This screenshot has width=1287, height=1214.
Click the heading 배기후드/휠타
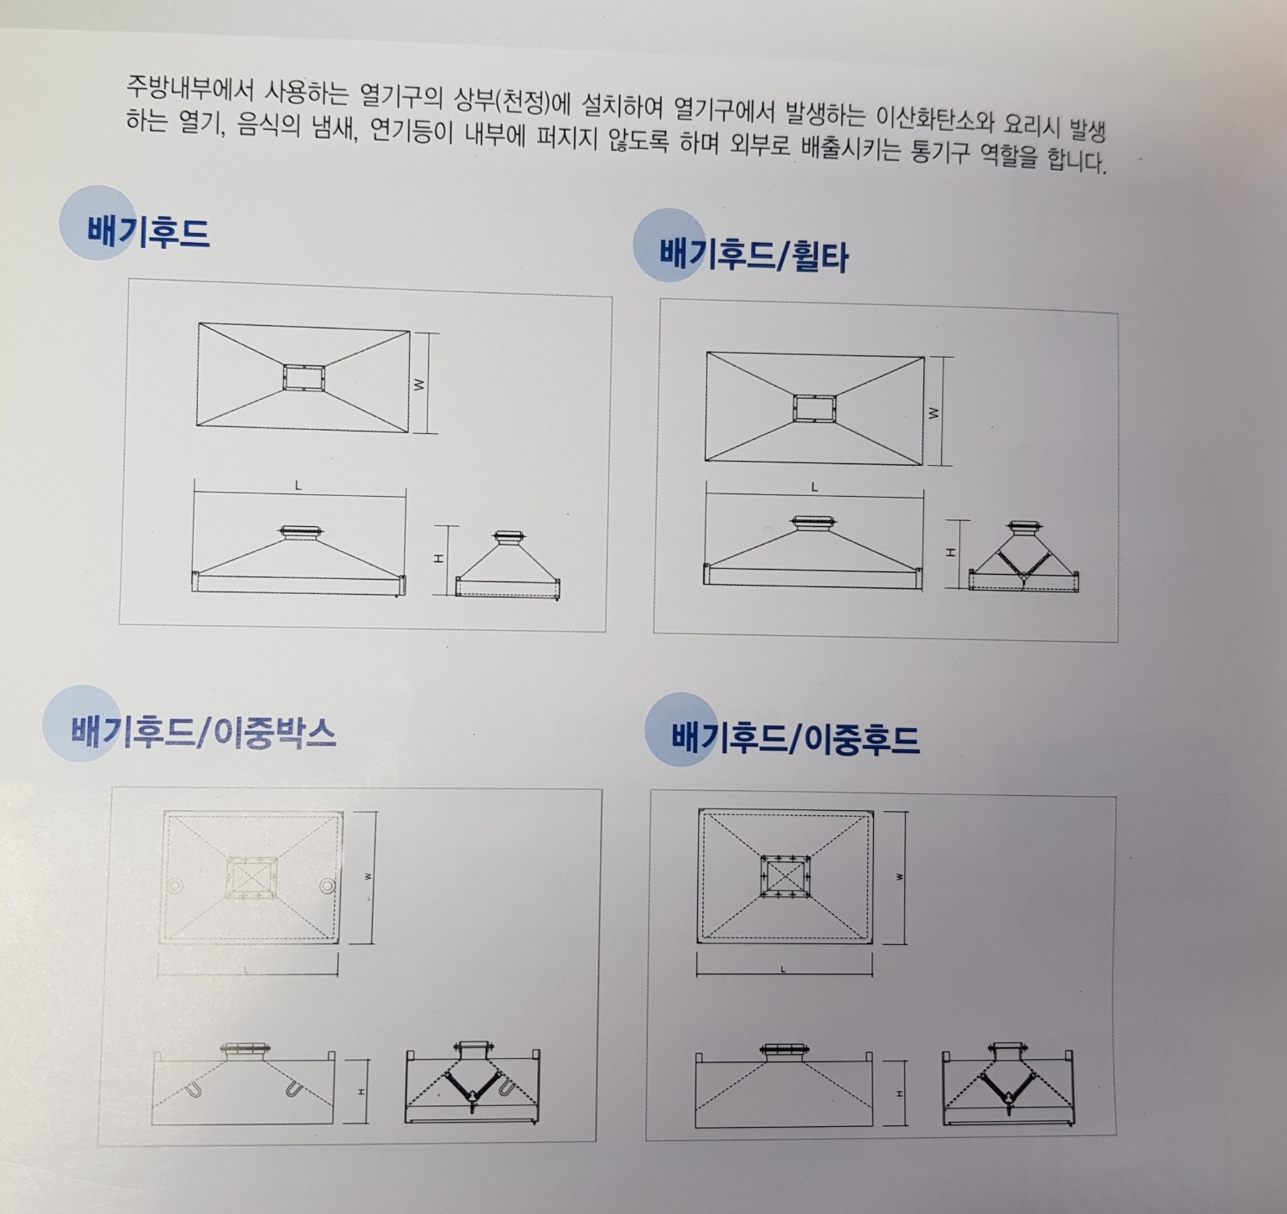tap(753, 254)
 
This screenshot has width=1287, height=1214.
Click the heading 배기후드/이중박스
tap(204, 731)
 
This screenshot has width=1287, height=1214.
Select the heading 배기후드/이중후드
tap(795, 738)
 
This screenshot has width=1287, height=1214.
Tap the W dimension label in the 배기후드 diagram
tap(419, 385)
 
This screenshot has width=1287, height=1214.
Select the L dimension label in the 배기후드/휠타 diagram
tap(814, 487)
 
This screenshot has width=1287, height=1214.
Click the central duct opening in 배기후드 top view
tap(303, 378)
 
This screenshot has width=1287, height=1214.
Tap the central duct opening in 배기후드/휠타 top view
tap(815, 408)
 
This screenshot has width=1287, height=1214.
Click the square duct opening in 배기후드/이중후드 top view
tap(784, 876)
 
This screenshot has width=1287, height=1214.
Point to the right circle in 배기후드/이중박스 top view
tap(328, 886)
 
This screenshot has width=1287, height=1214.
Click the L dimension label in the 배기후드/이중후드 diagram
tap(783, 969)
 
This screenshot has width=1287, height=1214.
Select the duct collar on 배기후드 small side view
tap(509, 537)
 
